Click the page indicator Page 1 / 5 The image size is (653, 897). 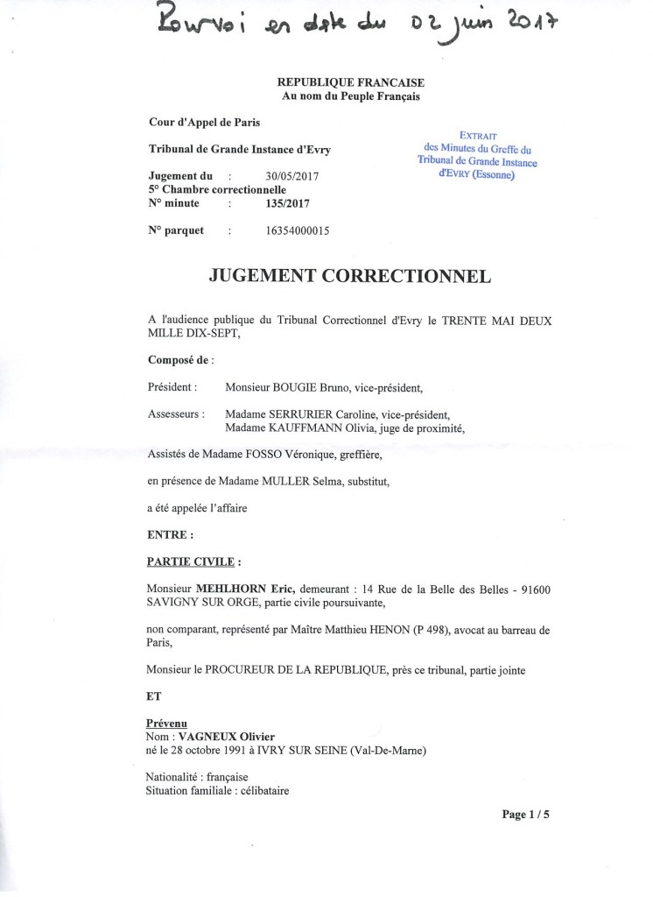click(525, 815)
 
